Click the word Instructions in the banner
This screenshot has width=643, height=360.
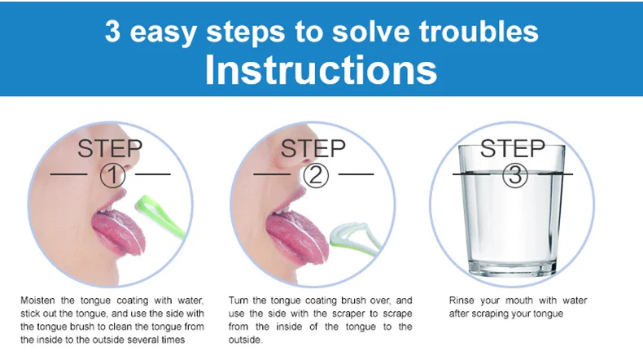[x=321, y=70]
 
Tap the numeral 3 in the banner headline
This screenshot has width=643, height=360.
[x=112, y=31]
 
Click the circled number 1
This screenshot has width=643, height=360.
[x=112, y=175]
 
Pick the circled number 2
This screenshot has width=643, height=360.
[x=316, y=175]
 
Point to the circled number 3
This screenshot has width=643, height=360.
[x=515, y=175]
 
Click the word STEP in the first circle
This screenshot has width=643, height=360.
[x=110, y=148]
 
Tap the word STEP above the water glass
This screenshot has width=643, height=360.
[x=513, y=148]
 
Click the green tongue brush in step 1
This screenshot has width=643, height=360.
[x=160, y=216]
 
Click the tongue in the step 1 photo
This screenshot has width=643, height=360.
[x=119, y=231]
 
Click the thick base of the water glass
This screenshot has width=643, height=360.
[x=514, y=268]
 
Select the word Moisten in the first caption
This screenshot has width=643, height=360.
[x=37, y=300]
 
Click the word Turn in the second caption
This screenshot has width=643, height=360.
[x=238, y=300]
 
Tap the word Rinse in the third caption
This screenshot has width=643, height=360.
[x=461, y=300]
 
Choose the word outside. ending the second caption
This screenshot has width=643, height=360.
[x=245, y=340]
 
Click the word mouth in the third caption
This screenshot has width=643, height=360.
[x=518, y=300]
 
